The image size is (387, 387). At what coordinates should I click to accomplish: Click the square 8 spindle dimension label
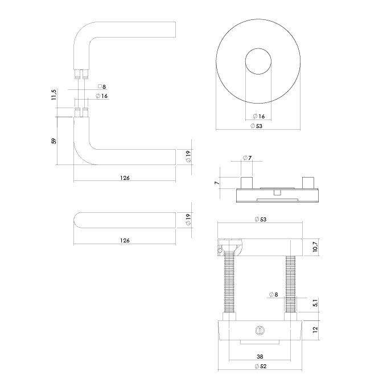[102, 87]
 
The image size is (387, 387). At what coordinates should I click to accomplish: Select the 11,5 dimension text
[54, 95]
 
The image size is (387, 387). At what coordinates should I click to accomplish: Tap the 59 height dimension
[54, 141]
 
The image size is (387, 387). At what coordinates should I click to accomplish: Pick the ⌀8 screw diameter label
[273, 295]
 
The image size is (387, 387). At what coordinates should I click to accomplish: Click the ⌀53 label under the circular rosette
[257, 126]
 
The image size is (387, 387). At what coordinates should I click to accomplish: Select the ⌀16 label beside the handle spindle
[102, 96]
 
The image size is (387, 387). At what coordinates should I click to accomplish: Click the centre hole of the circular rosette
[258, 61]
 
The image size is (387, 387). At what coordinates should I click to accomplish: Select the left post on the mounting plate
[246, 182]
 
